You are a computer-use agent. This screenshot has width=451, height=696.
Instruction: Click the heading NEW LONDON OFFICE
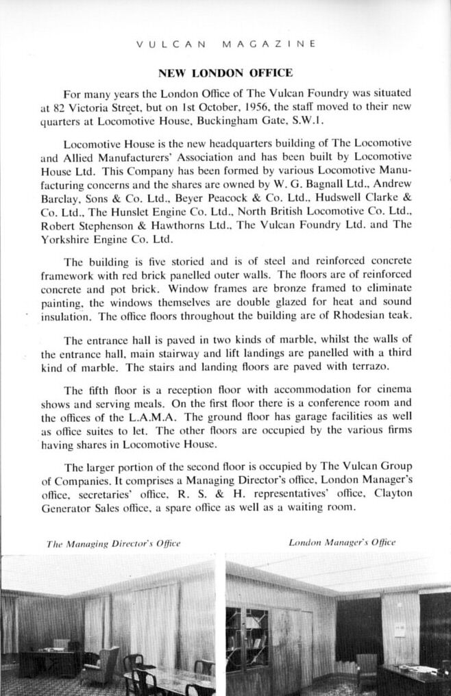tap(225, 73)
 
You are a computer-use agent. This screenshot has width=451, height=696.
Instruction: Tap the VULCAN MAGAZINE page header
tap(226, 44)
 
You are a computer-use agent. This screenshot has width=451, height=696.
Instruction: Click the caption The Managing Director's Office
tap(113, 543)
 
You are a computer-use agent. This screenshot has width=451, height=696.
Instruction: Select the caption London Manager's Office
tap(342, 543)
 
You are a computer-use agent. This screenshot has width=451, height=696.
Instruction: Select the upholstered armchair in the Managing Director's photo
tap(102, 662)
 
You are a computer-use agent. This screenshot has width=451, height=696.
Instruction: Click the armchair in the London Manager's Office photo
tap(367, 665)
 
